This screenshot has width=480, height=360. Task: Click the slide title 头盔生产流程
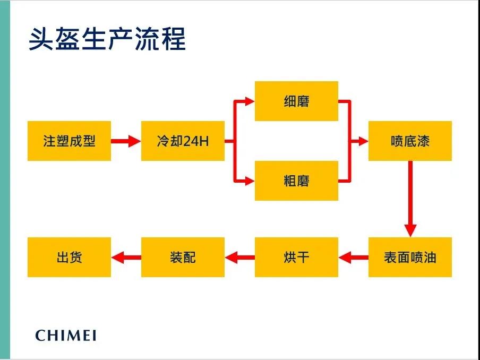click(107, 39)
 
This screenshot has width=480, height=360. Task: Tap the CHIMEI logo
click(66, 335)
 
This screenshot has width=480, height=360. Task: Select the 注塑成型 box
click(69, 141)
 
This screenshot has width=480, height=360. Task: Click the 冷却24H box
click(183, 141)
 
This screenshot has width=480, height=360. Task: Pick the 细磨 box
click(296, 101)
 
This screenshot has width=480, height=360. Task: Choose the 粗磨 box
click(296, 181)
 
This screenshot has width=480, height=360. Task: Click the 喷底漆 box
click(410, 141)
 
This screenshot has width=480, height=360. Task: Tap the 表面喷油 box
click(410, 257)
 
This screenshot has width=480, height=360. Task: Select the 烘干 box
click(296, 257)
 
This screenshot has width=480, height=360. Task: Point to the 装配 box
click(183, 257)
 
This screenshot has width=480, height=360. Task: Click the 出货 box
click(69, 257)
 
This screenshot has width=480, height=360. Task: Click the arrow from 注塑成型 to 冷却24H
click(126, 141)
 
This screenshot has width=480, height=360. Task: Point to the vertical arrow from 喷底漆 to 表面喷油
click(410, 199)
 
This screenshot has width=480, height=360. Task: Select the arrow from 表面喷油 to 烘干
click(353, 257)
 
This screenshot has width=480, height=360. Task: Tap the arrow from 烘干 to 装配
click(239, 257)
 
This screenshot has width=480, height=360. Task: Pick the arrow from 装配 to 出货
click(126, 257)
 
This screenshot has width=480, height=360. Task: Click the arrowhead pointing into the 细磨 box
click(250, 101)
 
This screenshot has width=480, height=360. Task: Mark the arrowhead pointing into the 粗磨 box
click(250, 181)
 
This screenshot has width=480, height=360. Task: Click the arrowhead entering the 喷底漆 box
click(363, 141)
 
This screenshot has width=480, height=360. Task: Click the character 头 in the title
click(41, 39)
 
